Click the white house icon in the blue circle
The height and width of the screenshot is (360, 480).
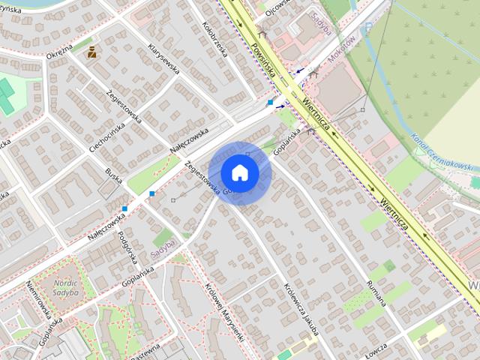click(239, 172)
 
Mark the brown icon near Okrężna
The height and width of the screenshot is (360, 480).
click(91, 52)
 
